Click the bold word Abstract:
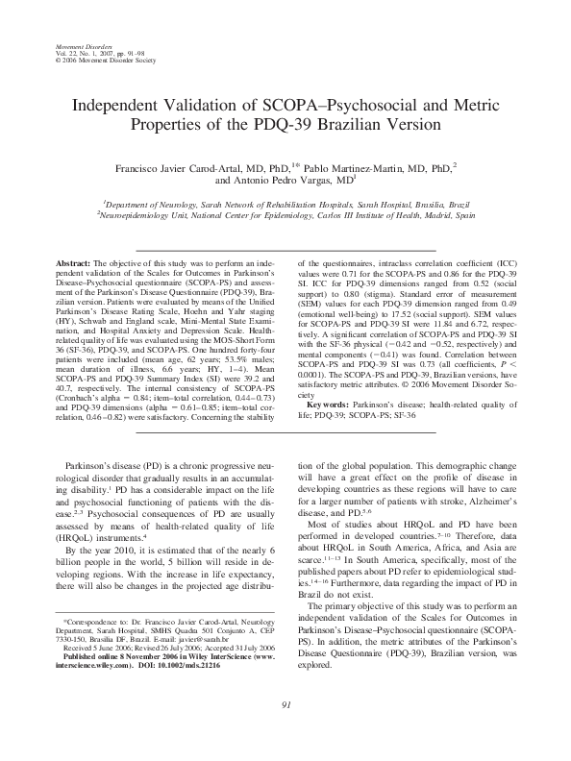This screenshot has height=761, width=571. tap(70, 262)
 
